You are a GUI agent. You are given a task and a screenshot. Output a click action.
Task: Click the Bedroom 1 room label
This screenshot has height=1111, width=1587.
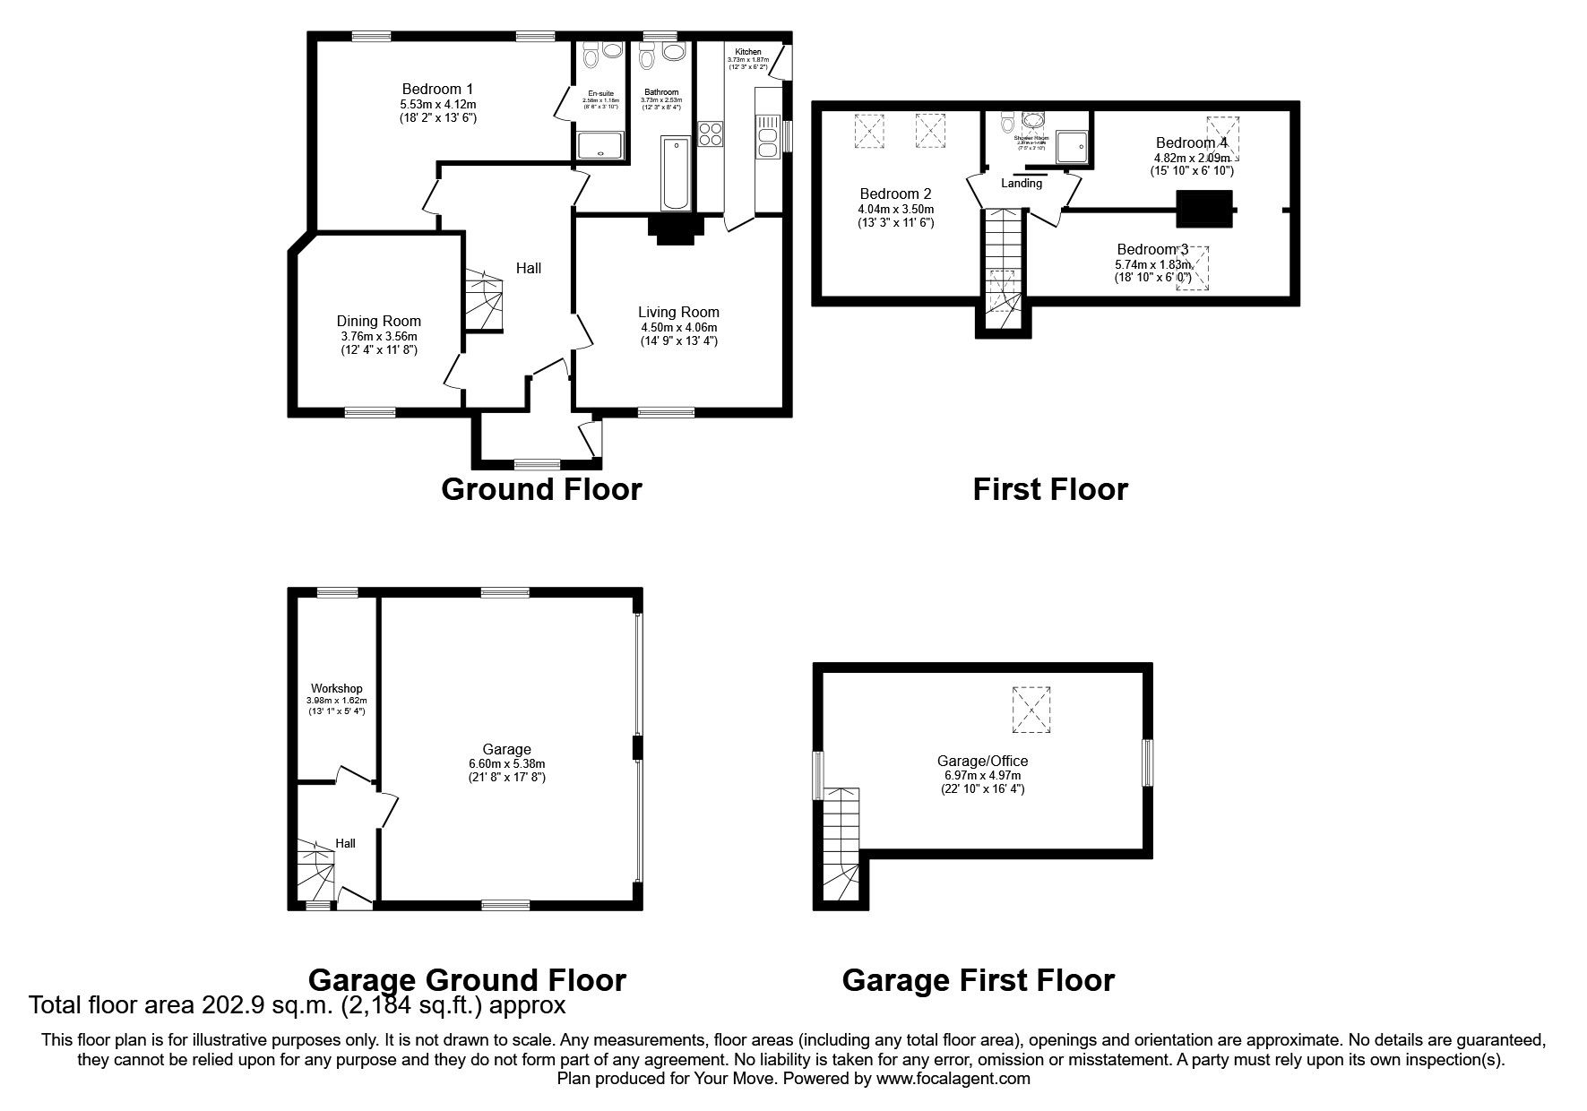437,89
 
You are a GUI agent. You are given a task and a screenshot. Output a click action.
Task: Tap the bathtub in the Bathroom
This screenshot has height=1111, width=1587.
675,173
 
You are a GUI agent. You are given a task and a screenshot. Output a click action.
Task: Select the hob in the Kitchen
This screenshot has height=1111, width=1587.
711,133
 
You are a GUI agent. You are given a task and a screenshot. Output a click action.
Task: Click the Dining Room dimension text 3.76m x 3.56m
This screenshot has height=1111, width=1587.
378,337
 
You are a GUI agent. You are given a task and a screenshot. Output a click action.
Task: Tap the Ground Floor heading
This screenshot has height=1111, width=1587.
541,489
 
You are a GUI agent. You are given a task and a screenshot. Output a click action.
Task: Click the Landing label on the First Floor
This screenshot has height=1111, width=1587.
1022,184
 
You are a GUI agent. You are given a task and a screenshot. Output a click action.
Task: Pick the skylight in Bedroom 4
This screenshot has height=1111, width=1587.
1222,137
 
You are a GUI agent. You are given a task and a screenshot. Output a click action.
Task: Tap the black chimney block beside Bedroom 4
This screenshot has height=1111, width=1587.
1204,209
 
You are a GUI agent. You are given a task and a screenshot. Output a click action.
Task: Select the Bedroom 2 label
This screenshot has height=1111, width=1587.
895,194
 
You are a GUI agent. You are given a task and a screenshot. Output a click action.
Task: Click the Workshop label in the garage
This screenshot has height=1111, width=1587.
337,688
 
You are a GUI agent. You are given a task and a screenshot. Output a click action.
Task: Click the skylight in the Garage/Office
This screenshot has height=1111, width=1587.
1032,711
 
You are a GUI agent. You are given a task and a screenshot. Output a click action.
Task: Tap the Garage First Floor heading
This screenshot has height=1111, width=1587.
978,980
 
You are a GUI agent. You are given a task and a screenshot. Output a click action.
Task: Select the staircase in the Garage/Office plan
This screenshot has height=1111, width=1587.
841,847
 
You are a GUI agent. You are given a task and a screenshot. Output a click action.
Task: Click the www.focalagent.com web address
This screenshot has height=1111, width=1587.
953,1079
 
